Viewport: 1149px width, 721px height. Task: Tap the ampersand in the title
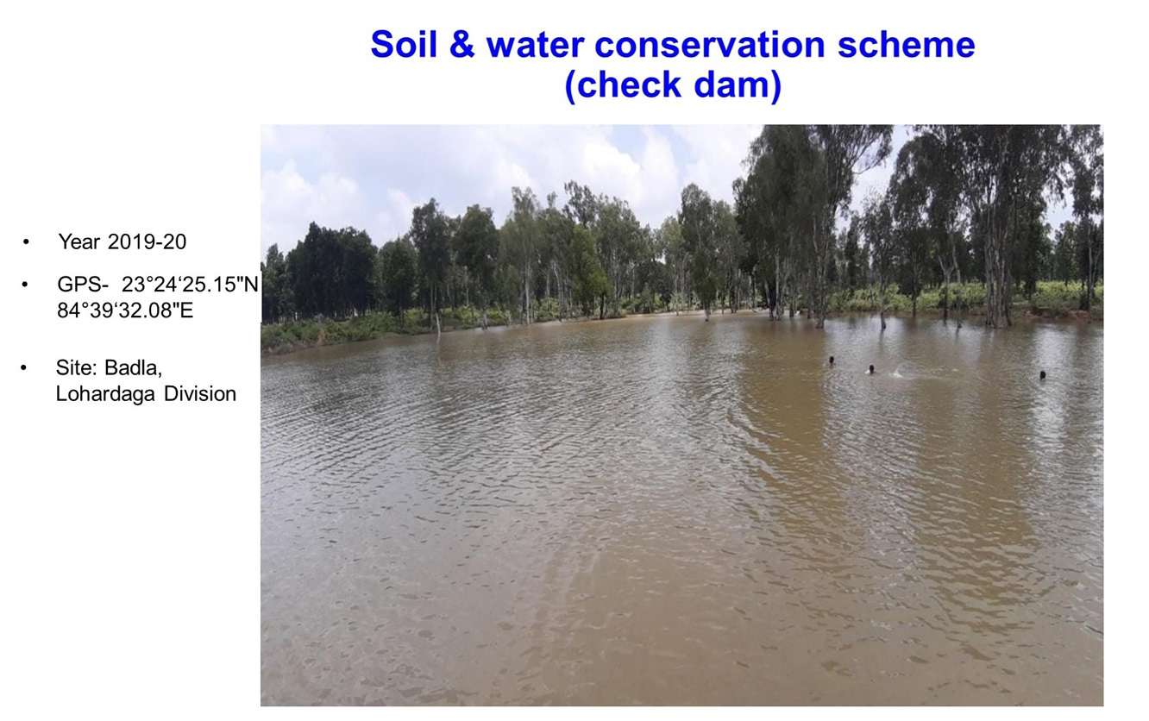(461, 44)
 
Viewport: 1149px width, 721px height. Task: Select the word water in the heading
(535, 45)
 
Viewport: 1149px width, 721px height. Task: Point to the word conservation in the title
(710, 44)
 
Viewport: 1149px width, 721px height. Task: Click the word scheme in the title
(907, 44)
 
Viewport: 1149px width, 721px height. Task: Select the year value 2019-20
(148, 242)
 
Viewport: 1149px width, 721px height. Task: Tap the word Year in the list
(79, 242)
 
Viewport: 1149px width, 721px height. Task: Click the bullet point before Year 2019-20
(26, 242)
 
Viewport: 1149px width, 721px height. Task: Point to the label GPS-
(83, 284)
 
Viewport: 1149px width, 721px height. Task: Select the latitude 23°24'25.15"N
(191, 284)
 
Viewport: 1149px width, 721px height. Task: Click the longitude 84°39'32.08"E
(125, 310)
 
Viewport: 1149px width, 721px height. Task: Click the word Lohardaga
(105, 394)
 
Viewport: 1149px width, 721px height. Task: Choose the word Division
(200, 394)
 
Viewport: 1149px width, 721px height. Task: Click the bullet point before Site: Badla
(23, 368)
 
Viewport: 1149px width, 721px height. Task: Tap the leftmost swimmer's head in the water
(832, 360)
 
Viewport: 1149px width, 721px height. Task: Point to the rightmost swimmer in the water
(1042, 375)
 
